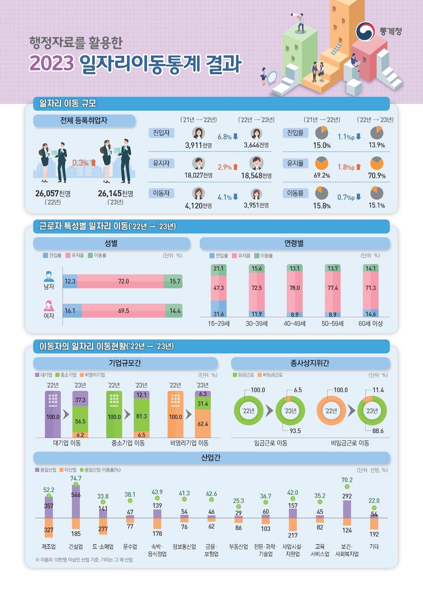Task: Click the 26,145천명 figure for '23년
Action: click(x=115, y=193)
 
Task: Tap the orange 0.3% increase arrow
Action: click(x=93, y=163)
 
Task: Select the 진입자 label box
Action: click(x=161, y=133)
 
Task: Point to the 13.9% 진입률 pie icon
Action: click(x=376, y=133)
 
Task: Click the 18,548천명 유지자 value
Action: click(x=256, y=176)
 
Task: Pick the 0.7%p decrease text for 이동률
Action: click(x=346, y=197)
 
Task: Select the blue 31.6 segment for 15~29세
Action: click(x=218, y=309)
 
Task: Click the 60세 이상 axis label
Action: click(x=370, y=324)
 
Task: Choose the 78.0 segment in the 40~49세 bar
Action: click(x=295, y=288)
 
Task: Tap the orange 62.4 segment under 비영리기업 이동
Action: click(x=203, y=424)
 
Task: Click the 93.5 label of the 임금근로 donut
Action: click(x=295, y=431)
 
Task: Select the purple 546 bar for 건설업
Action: click(x=76, y=502)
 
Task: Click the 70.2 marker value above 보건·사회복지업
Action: click(x=347, y=480)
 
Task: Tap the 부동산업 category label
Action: click(x=238, y=546)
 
